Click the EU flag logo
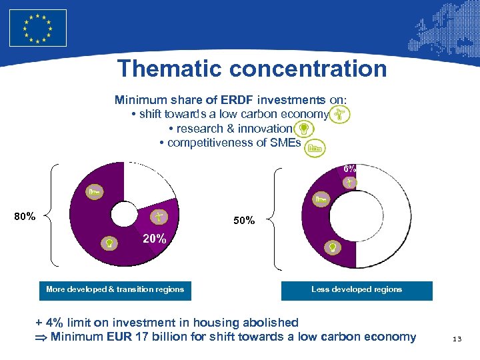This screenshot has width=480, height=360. tap(38, 28)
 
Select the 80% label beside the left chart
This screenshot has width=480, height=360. tap(25, 216)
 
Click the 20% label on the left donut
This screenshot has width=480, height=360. tap(155, 239)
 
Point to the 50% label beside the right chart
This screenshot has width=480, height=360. tap(243, 220)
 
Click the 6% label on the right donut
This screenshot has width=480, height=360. tap(349, 169)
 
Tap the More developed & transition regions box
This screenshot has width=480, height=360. tap(115, 289)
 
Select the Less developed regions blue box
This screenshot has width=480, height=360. tap(357, 290)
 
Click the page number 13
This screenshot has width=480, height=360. tap(457, 339)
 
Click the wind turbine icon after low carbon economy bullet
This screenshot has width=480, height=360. tap(340, 115)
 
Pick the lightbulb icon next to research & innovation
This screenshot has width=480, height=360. tap(303, 128)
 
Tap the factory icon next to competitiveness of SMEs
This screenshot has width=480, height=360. tap(314, 147)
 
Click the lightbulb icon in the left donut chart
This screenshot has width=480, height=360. tap(107, 243)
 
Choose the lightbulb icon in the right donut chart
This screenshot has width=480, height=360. tap(331, 247)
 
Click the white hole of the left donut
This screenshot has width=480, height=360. tap(124, 215)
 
